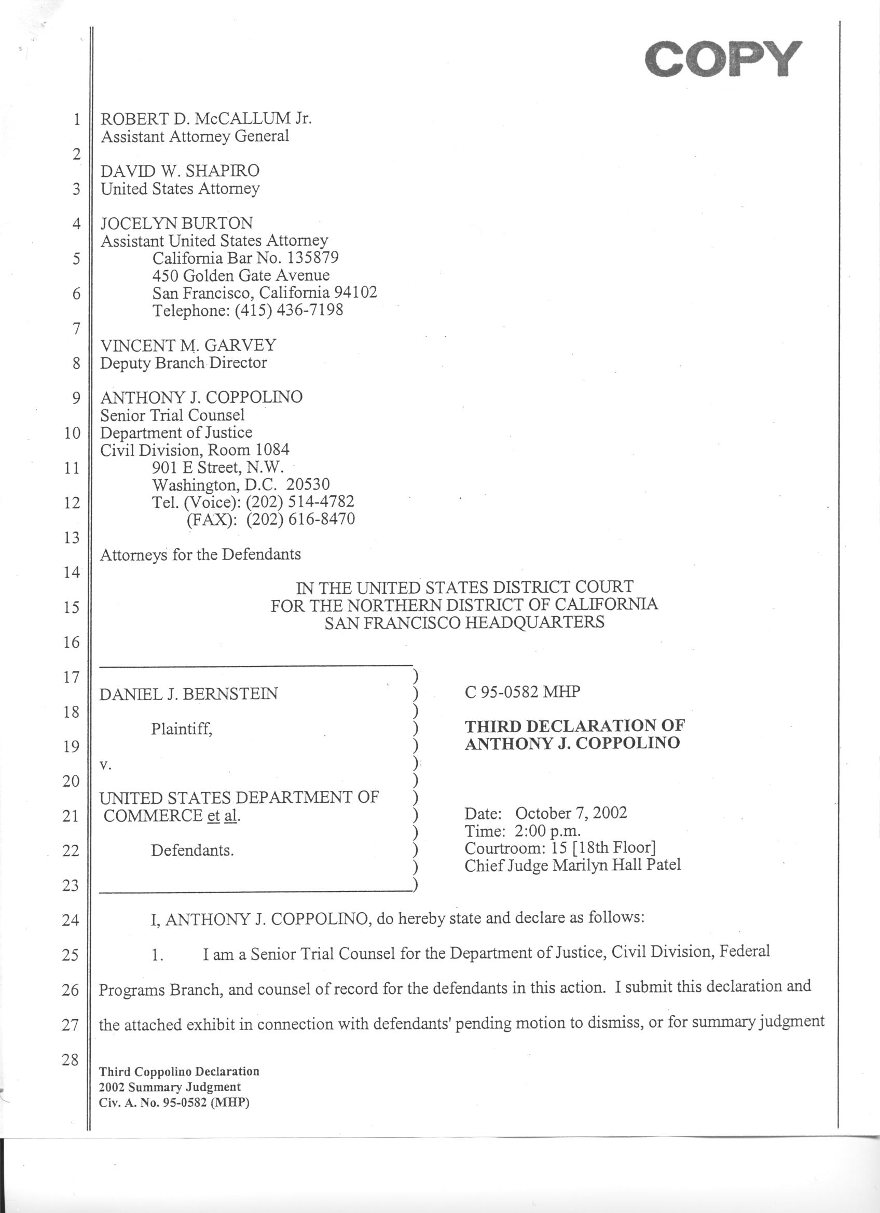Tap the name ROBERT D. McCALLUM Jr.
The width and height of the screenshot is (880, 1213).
(206, 118)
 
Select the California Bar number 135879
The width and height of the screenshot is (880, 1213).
(312, 258)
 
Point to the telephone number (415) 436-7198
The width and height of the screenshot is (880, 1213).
(289, 310)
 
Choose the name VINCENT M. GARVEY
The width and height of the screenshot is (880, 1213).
(188, 345)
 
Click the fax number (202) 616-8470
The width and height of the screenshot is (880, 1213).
(300, 519)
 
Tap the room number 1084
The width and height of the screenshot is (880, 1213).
(272, 450)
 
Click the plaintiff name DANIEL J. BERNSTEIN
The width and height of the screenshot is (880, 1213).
(188, 694)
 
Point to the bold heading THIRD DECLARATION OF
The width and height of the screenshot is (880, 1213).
(574, 726)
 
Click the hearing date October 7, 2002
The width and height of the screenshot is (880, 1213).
(571, 814)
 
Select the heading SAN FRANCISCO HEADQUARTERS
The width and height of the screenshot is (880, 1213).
(464, 622)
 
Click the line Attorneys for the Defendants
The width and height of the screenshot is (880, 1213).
(201, 554)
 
